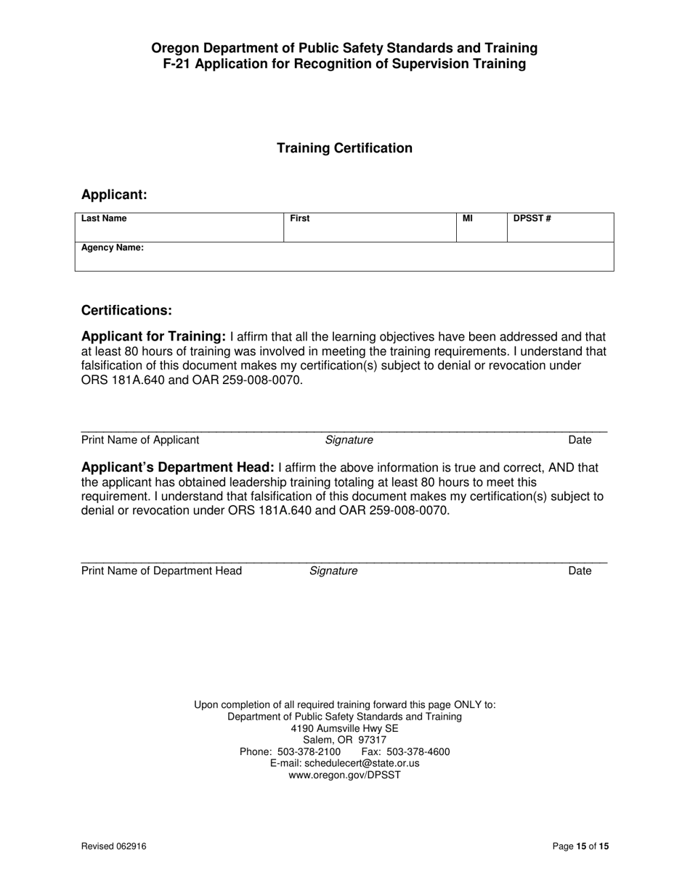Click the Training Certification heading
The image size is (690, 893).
(344, 148)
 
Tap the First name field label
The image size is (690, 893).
(299, 219)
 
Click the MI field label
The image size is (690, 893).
(468, 219)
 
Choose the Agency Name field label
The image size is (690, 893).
(113, 248)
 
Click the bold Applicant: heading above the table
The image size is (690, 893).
(114, 195)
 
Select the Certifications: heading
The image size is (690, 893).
(126, 310)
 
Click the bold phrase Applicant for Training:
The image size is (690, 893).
(154, 337)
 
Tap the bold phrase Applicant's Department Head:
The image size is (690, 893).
(178, 468)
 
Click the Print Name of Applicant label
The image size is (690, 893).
(140, 440)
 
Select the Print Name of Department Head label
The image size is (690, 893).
(161, 571)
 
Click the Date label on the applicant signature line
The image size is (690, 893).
(580, 440)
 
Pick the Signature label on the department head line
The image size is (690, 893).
(333, 571)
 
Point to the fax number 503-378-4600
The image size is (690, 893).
(418, 751)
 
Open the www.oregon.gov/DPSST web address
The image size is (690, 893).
(344, 775)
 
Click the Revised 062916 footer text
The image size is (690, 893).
(108, 846)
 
